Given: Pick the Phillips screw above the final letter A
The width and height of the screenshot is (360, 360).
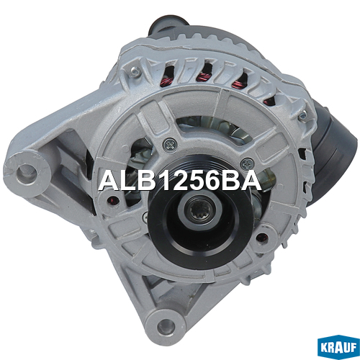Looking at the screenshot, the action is tap(247, 163).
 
